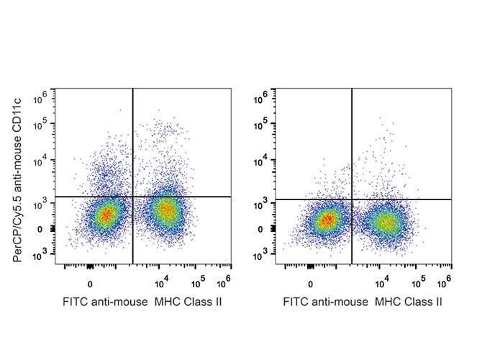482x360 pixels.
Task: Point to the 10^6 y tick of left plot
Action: click(x=42, y=94)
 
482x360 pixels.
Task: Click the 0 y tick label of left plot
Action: click(x=45, y=230)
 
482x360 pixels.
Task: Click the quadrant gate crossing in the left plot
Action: click(x=133, y=196)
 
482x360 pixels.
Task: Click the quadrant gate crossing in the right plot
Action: click(x=352, y=199)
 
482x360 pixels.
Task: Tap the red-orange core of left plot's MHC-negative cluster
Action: click(x=106, y=214)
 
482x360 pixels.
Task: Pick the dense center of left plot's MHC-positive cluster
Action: click(x=167, y=210)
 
